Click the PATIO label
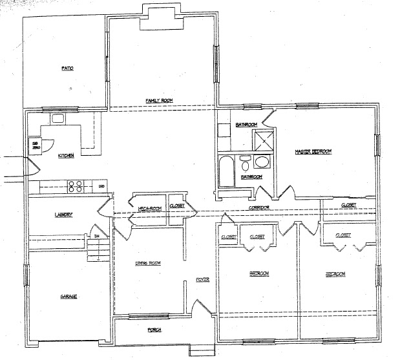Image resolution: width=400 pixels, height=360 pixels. [66, 67]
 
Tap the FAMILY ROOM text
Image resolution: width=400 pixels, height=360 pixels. [158, 100]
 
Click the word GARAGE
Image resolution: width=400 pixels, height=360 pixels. [69, 296]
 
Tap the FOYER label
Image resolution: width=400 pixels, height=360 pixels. [203, 280]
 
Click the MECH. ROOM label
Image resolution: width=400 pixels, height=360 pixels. [150, 208]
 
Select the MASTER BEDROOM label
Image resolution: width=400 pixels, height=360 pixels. [313, 151]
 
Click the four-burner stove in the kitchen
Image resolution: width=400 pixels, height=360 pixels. [76, 186]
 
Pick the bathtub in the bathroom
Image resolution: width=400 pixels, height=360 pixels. [226, 170]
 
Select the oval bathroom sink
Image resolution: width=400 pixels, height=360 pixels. [262, 162]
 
